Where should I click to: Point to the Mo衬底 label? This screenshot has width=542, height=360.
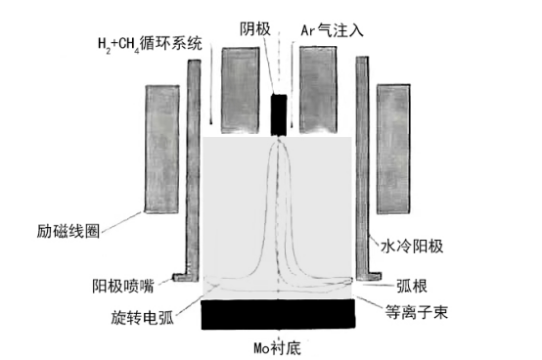click(x=279, y=346)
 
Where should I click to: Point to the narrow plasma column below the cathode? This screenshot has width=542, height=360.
click(x=280, y=196)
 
